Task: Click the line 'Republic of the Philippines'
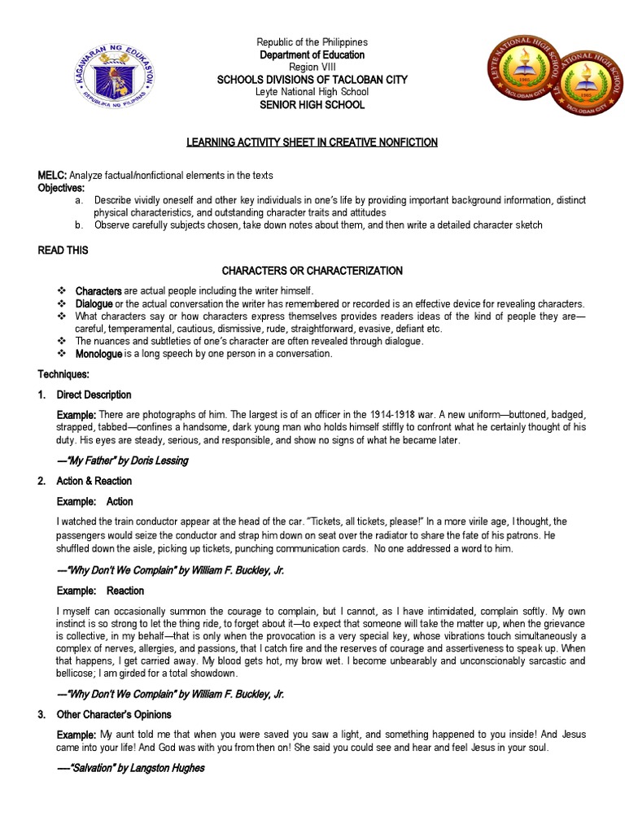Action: (312, 42)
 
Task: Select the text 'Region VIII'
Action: (312, 67)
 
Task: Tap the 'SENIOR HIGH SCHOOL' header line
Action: (312, 105)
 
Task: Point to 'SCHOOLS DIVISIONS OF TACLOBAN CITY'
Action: (312, 79)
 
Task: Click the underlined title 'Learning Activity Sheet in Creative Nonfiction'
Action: (312, 142)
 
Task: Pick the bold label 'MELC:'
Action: (53, 175)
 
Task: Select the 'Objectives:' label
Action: (61, 187)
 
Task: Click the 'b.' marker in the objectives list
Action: (79, 225)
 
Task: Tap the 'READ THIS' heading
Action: (63, 251)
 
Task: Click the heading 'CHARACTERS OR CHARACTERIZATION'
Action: (312, 270)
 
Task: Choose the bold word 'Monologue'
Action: (98, 355)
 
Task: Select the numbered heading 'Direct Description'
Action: (94, 395)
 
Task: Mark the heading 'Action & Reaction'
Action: (94, 481)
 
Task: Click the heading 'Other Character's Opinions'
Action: (114, 714)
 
